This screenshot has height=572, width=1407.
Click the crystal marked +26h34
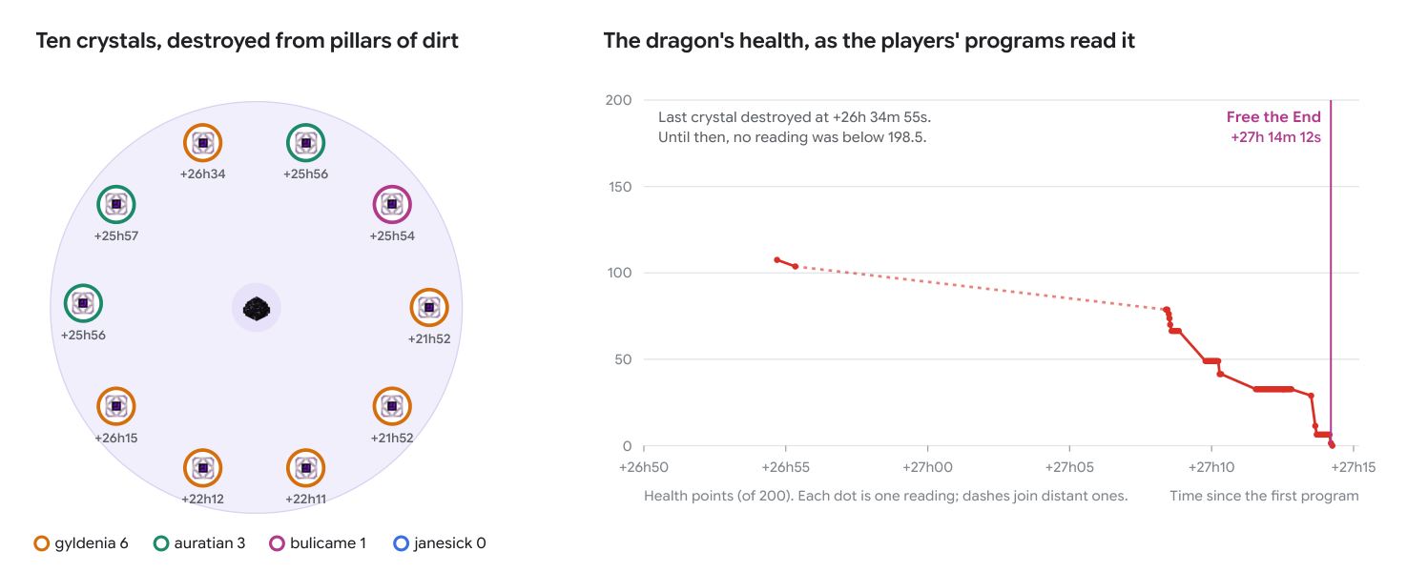(x=203, y=143)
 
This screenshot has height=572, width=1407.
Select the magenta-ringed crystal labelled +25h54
(x=392, y=205)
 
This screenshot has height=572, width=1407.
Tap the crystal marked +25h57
(x=116, y=205)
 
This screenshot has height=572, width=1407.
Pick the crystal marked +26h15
(x=116, y=406)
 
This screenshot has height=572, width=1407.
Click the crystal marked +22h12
(x=203, y=468)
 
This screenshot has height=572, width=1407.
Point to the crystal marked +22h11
(x=306, y=468)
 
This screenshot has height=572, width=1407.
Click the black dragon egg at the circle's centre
(x=257, y=308)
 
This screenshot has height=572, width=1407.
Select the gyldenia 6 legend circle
(x=41, y=543)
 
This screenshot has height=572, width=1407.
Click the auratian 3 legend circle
(x=161, y=543)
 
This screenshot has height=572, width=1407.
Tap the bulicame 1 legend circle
(x=277, y=543)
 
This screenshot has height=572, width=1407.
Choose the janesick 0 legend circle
(x=401, y=543)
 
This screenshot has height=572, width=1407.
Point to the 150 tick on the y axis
(x=620, y=187)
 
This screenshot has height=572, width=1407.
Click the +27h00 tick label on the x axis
(x=927, y=467)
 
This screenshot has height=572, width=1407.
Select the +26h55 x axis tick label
(x=785, y=467)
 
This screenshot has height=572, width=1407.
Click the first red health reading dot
(x=777, y=260)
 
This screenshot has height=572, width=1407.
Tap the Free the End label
(x=1273, y=117)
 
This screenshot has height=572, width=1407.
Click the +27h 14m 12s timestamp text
(x=1275, y=137)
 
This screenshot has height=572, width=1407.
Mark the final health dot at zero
(x=1332, y=445)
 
